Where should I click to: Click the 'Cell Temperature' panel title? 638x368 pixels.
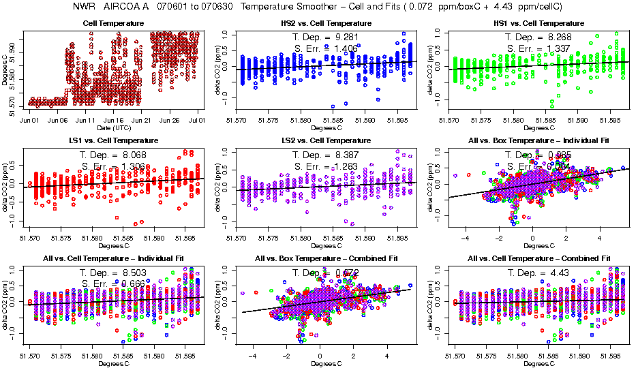pos(113,23)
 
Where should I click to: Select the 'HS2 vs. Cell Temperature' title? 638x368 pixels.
pos(326,23)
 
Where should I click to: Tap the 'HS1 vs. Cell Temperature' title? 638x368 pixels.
pos(539,23)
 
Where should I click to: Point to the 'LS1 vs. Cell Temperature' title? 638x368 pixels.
pos(113,140)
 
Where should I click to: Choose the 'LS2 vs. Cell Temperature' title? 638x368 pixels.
pos(326,140)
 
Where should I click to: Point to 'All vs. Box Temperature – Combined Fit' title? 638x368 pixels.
pos(326,259)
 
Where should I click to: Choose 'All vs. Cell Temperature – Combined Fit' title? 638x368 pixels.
pos(539,259)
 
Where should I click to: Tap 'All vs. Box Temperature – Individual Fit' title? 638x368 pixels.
pos(539,140)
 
